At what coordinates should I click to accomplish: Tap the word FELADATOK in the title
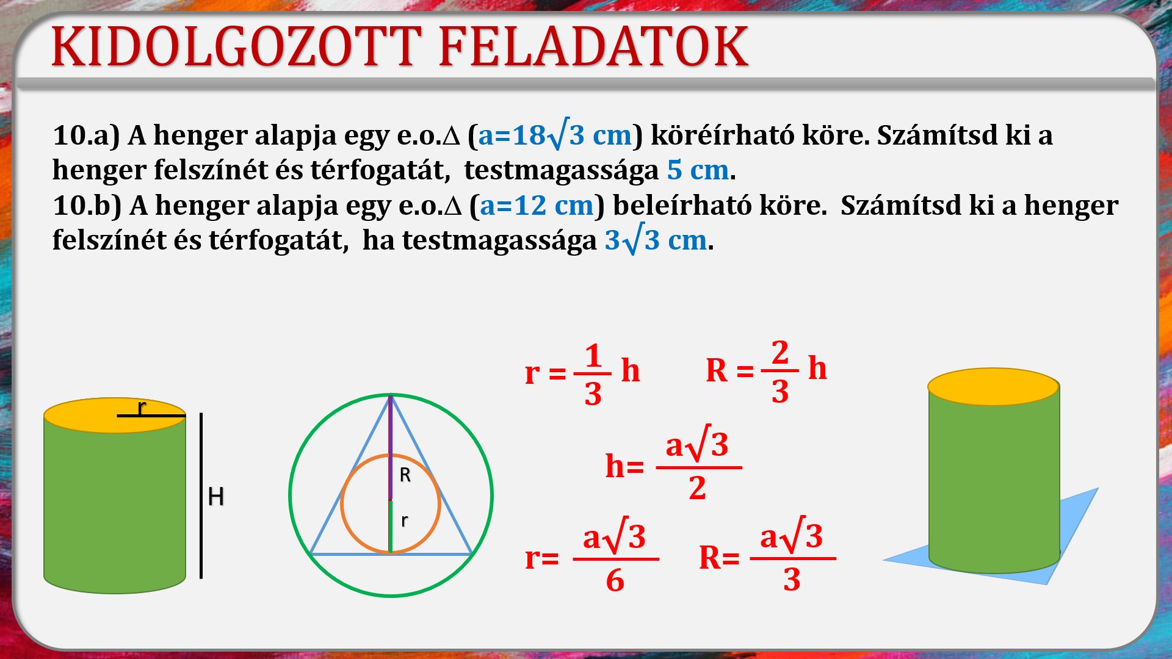[x=593, y=46]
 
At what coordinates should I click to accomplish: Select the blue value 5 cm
[x=698, y=170]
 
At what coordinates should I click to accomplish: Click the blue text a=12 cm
[x=537, y=206]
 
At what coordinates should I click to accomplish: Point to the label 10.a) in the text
[x=86, y=135]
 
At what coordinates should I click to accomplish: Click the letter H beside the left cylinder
[x=215, y=497]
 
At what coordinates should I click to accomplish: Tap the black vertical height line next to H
[x=201, y=495]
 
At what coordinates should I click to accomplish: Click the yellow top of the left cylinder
[x=115, y=416]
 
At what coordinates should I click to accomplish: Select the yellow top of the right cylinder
[x=993, y=387]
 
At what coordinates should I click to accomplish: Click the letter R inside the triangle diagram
[x=405, y=475]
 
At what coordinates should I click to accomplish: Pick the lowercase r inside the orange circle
[x=403, y=520]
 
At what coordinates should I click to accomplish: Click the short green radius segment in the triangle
[x=391, y=527]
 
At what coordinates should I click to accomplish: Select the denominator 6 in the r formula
[x=615, y=580]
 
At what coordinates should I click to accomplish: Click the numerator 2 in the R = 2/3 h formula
[x=780, y=353]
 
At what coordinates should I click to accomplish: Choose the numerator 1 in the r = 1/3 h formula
[x=593, y=356]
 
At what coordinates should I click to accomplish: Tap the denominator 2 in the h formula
[x=697, y=488]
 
